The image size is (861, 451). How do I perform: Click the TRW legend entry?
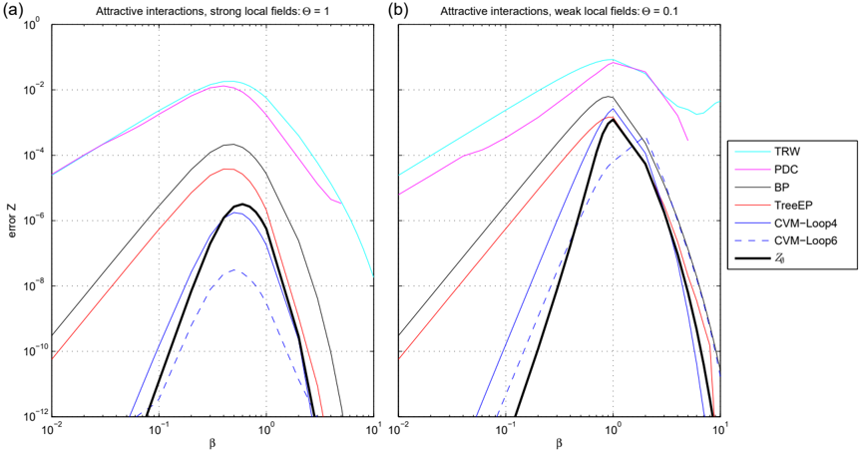click(x=787, y=152)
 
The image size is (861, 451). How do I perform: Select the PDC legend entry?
click(x=786, y=170)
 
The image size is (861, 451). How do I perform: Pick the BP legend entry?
click(x=782, y=188)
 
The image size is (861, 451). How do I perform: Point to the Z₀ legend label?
click(x=780, y=258)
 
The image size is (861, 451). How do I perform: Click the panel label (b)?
click(x=400, y=10)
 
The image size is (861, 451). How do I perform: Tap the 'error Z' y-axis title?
click(x=11, y=221)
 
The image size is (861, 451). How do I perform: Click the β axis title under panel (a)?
click(x=213, y=443)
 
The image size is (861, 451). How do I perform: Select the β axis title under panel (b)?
click(x=559, y=443)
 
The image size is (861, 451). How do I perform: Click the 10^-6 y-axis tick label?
click(x=37, y=221)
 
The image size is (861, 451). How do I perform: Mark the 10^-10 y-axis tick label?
click(x=36, y=351)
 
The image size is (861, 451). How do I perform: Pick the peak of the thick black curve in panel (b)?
click(x=613, y=120)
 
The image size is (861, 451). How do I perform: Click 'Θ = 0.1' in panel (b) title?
click(x=658, y=10)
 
